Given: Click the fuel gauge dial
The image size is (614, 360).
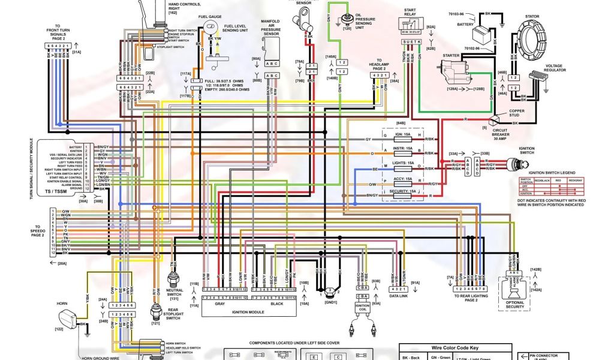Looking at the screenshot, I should [x=210, y=28].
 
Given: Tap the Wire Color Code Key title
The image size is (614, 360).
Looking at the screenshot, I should [x=455, y=347].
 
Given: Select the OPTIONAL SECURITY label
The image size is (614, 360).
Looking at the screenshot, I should [x=515, y=304].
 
